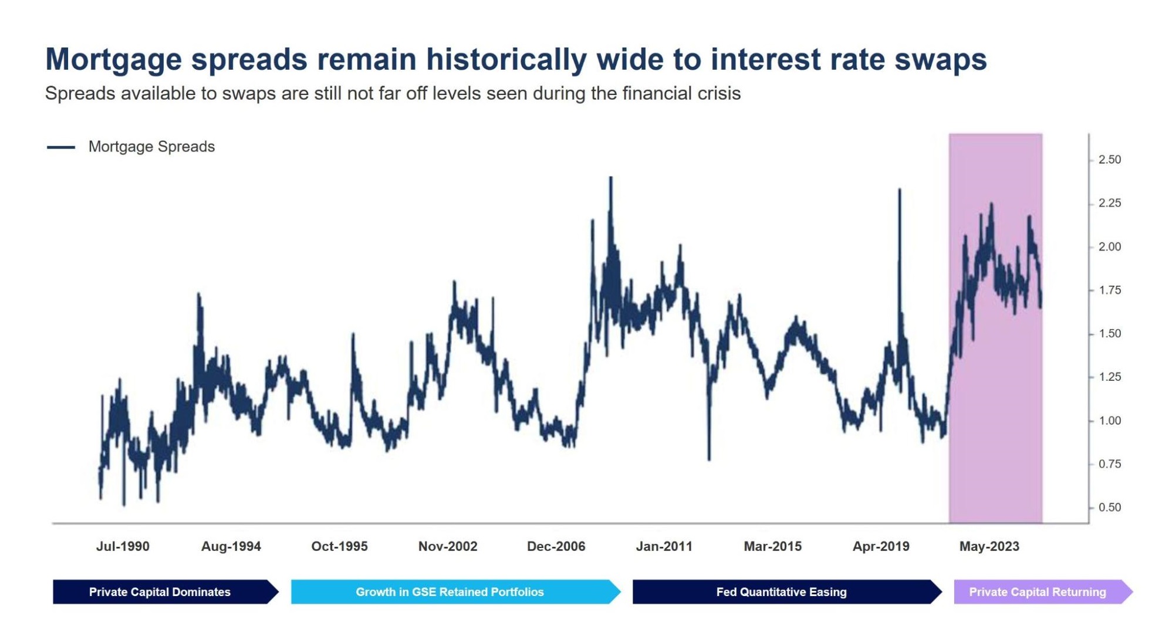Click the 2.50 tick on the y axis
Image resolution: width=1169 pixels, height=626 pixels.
point(1109,160)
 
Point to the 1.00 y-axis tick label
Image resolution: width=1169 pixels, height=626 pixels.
point(1109,421)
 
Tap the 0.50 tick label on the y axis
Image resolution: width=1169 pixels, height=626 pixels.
point(1109,507)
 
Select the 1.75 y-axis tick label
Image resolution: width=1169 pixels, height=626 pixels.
point(1109,290)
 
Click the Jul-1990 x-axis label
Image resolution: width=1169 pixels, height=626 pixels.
point(123,546)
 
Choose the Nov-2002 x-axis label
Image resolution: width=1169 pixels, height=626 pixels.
point(448,546)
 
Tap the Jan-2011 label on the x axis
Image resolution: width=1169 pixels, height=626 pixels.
point(664,546)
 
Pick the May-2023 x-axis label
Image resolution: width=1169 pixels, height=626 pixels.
point(989,546)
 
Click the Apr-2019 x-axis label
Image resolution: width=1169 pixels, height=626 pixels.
point(880,546)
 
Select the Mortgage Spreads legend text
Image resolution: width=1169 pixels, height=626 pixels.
point(151,147)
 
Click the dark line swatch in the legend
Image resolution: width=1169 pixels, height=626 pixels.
point(61,147)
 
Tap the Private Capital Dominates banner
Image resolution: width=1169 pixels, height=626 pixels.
point(160,592)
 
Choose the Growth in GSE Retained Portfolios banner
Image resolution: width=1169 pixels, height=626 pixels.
point(450,592)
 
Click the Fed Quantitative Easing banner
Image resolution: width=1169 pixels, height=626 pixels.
point(781,592)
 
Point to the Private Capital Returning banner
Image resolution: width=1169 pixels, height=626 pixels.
point(1037,592)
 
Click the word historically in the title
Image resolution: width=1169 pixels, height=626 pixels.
point(506,59)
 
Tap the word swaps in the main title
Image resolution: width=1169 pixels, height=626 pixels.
point(940,59)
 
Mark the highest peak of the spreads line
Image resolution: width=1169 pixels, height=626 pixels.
point(610,178)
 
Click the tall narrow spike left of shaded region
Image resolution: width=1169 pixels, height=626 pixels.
point(899,191)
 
